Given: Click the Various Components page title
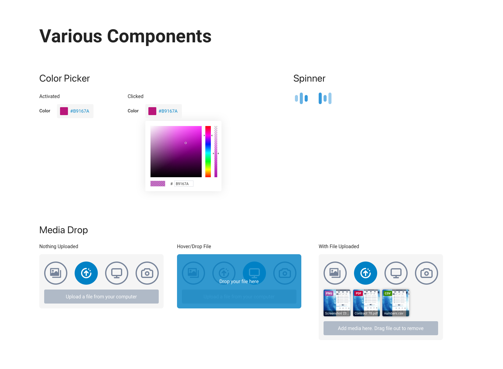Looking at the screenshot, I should tap(125, 36).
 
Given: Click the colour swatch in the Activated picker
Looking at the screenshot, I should tap(64, 111).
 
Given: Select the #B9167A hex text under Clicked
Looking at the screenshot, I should tap(168, 111).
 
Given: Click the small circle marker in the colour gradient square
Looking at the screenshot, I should tap(186, 143).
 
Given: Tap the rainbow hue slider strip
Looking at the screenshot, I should tap(208, 152).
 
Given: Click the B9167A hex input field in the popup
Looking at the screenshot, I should tap(183, 184).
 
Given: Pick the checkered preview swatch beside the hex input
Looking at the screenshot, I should tap(158, 184).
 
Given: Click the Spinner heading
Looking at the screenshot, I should tap(309, 79).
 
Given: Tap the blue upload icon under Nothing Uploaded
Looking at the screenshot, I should tap(86, 273).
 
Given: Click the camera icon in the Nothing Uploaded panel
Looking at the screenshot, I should tap(147, 273).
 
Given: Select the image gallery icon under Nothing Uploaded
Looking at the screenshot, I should tap(56, 273).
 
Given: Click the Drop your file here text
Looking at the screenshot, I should tap(239, 282).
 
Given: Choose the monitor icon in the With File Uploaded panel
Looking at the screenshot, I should tap(396, 273).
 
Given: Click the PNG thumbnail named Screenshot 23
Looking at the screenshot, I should tap(337, 303).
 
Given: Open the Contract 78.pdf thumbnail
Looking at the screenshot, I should tap(366, 303).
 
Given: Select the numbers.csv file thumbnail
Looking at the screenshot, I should tap(395, 303).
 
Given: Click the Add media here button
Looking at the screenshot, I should tap(381, 328).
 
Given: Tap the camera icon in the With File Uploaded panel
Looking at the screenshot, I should tap(427, 273).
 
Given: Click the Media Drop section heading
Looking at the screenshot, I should tap(64, 230).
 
